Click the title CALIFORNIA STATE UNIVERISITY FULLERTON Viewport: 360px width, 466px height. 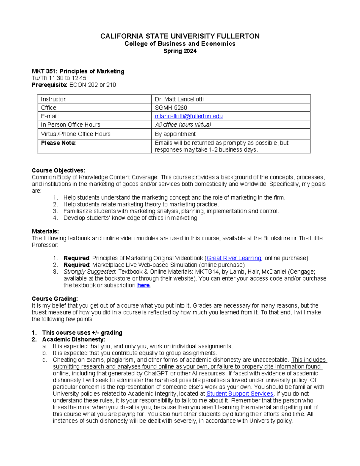point(180,36)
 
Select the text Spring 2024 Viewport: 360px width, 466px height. point(180,51)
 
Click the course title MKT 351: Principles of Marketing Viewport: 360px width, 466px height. point(78,71)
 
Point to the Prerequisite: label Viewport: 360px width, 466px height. point(49,85)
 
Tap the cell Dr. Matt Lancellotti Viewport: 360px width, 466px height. point(179,99)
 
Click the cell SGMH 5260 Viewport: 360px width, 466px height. point(171,108)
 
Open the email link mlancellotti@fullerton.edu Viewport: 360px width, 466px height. point(189,116)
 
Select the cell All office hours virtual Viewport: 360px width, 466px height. point(183,125)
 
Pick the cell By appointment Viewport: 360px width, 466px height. point(175,134)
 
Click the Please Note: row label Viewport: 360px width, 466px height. point(58,143)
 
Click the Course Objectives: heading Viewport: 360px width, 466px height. point(58,170)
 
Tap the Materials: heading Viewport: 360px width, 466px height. point(45,231)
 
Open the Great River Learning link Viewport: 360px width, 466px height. point(234,258)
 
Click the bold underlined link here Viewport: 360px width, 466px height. point(143,285)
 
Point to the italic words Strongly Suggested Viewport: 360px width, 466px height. point(89,272)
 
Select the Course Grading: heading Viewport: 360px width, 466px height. point(55,299)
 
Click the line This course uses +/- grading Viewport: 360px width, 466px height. point(82,332)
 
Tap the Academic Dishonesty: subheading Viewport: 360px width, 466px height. point(73,339)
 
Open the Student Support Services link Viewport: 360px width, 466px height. point(240,394)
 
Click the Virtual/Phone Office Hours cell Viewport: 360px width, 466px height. point(76,134)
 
